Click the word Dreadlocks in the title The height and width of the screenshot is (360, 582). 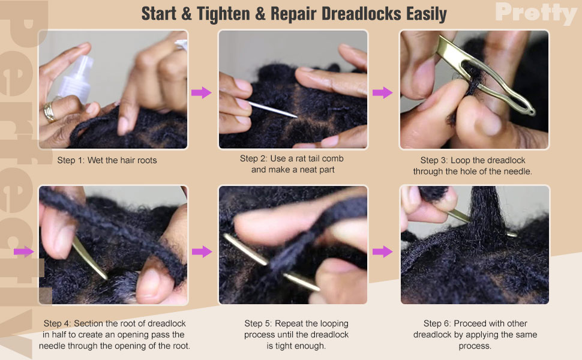(361, 14)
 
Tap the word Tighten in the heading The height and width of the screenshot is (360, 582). (223, 14)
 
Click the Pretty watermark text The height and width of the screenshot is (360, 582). (536, 13)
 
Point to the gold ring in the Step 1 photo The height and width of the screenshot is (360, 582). (49, 112)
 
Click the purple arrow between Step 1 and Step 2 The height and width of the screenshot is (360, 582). (201, 92)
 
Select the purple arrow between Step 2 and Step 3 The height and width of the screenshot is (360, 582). (382, 92)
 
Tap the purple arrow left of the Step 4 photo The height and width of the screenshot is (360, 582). (23, 251)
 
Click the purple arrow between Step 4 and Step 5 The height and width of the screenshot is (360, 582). (202, 251)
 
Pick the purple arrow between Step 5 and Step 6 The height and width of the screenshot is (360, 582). (382, 251)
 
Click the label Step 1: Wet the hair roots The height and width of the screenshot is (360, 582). (107, 160)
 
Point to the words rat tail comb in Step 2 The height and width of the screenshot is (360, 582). (320, 158)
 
